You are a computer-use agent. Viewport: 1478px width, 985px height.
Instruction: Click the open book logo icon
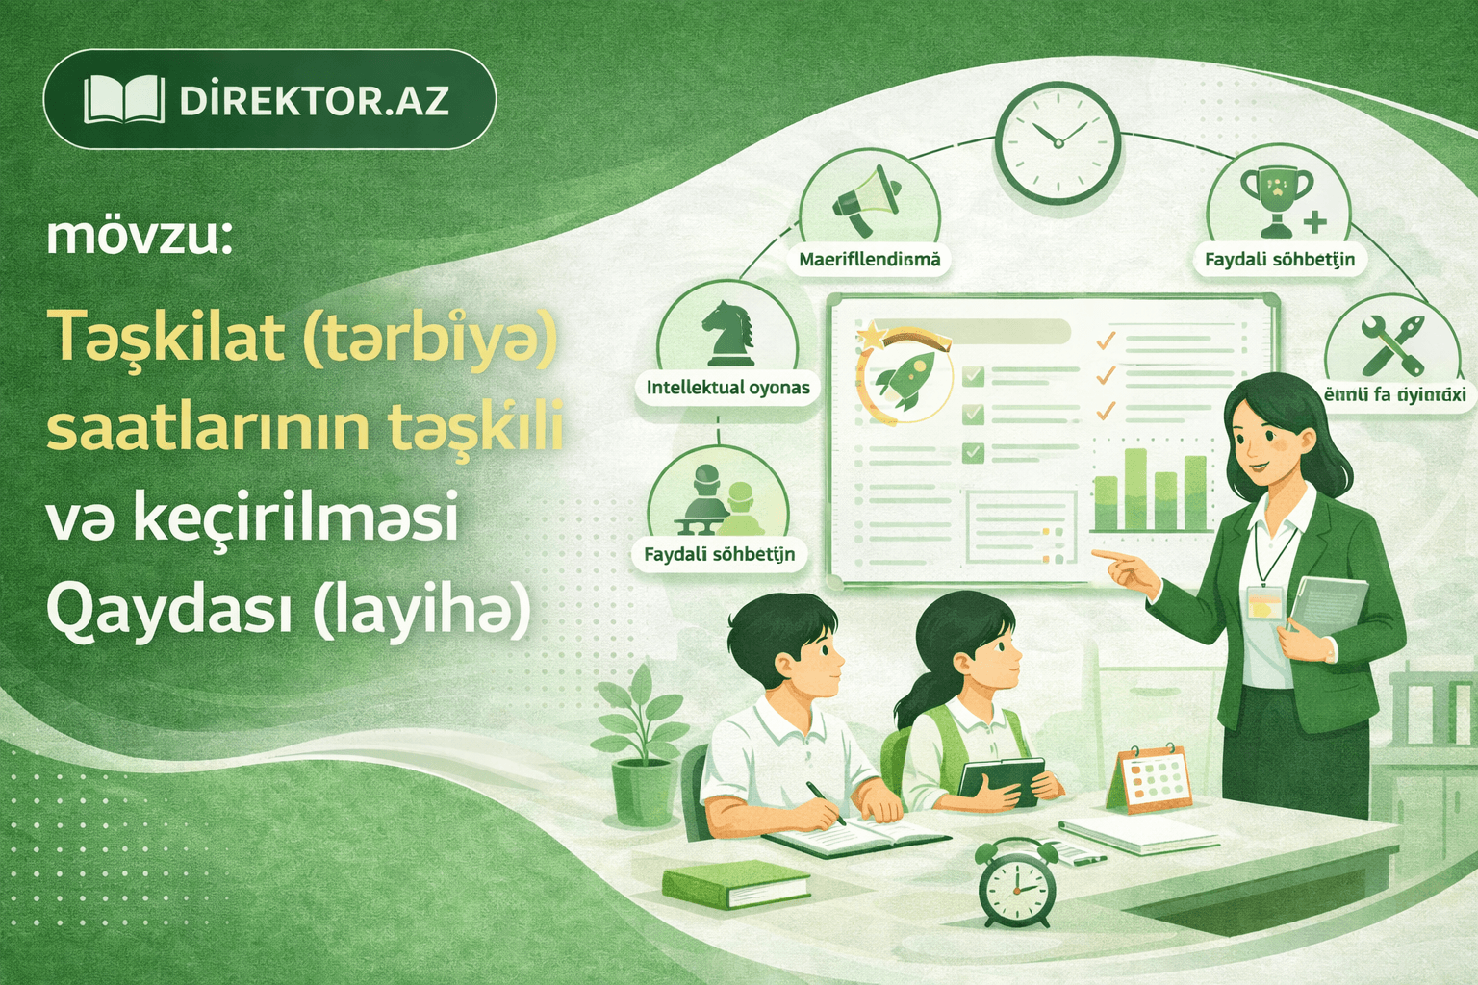click(x=124, y=100)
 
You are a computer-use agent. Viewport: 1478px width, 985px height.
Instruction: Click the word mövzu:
click(x=140, y=237)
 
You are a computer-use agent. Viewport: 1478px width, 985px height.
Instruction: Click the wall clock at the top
click(x=1058, y=143)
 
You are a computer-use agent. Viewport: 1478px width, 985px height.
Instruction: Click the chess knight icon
click(x=727, y=334)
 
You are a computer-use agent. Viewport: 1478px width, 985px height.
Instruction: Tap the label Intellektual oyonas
click(x=727, y=388)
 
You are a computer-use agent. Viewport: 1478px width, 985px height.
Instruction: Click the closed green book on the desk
click(x=736, y=883)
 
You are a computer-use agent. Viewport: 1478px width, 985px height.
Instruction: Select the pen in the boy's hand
click(x=826, y=802)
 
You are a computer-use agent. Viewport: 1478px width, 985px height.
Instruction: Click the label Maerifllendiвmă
click(x=870, y=260)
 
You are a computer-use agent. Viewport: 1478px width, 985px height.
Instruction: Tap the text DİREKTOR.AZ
click(x=314, y=101)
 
